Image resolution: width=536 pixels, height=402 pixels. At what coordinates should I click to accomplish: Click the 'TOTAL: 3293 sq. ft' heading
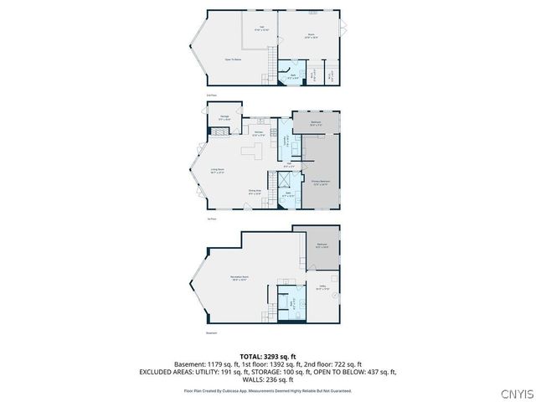pyautogui.click(x=267, y=357)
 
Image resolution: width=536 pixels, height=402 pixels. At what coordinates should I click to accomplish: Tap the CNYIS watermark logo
pyautogui.click(x=513, y=393)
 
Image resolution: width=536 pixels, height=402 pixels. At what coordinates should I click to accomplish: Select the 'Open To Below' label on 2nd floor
pyautogui.click(x=233, y=59)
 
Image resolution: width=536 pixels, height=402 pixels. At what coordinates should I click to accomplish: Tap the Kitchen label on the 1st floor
pyautogui.click(x=259, y=133)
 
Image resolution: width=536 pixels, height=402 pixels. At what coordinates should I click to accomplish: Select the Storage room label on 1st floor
pyautogui.click(x=224, y=117)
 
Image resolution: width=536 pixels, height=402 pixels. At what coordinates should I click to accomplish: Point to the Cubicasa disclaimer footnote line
pyautogui.click(x=267, y=390)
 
